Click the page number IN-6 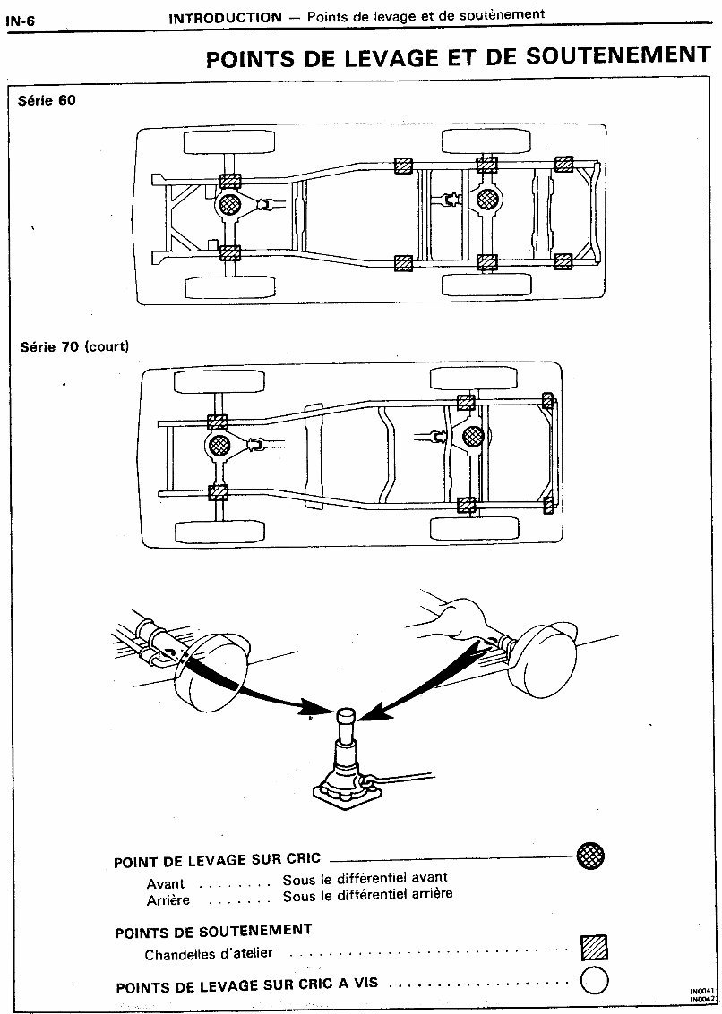20,17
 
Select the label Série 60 47,100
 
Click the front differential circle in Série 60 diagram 229,206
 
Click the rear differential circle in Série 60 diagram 487,198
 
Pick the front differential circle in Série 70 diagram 218,445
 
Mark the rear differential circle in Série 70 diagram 473,436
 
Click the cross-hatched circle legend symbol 591,855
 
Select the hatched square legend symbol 593,948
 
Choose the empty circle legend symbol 594,981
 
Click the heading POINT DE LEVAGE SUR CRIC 217,860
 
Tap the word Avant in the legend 166,883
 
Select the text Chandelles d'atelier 209,954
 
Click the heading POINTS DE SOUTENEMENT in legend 213,932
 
